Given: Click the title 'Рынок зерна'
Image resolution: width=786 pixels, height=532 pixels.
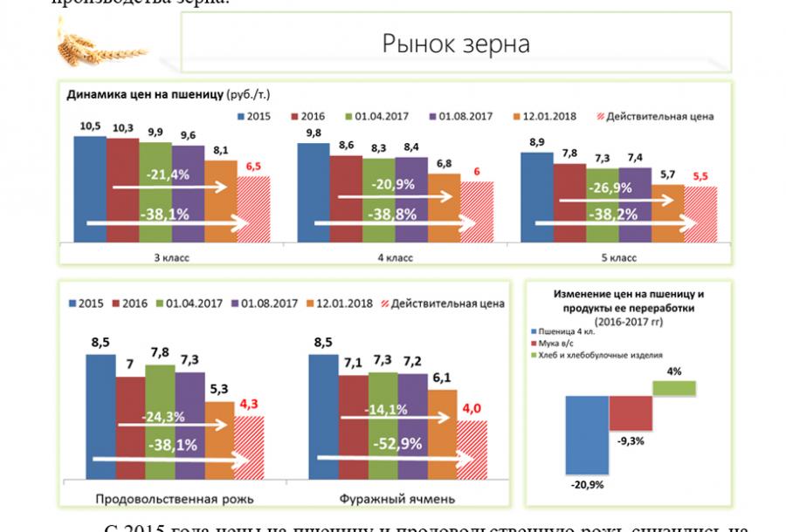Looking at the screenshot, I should pyautogui.click(x=456, y=44).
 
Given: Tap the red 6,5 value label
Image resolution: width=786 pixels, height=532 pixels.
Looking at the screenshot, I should pyautogui.click(x=253, y=166).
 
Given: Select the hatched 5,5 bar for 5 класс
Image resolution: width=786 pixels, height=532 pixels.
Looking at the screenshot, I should pyautogui.click(x=700, y=213).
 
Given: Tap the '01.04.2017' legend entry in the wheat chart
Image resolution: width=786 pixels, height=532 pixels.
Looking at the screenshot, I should pyautogui.click(x=381, y=116).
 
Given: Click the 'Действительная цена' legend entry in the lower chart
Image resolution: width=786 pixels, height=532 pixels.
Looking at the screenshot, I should pyautogui.click(x=440, y=304).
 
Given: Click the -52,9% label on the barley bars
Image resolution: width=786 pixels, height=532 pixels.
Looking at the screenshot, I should pyautogui.click(x=398, y=443).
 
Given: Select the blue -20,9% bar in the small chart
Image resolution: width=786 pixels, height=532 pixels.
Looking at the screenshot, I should pyautogui.click(x=586, y=433).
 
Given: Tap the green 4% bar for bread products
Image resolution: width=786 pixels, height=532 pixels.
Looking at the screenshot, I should pyautogui.click(x=674, y=387).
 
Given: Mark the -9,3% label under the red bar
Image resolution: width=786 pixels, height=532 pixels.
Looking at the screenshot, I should pyautogui.click(x=631, y=440).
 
